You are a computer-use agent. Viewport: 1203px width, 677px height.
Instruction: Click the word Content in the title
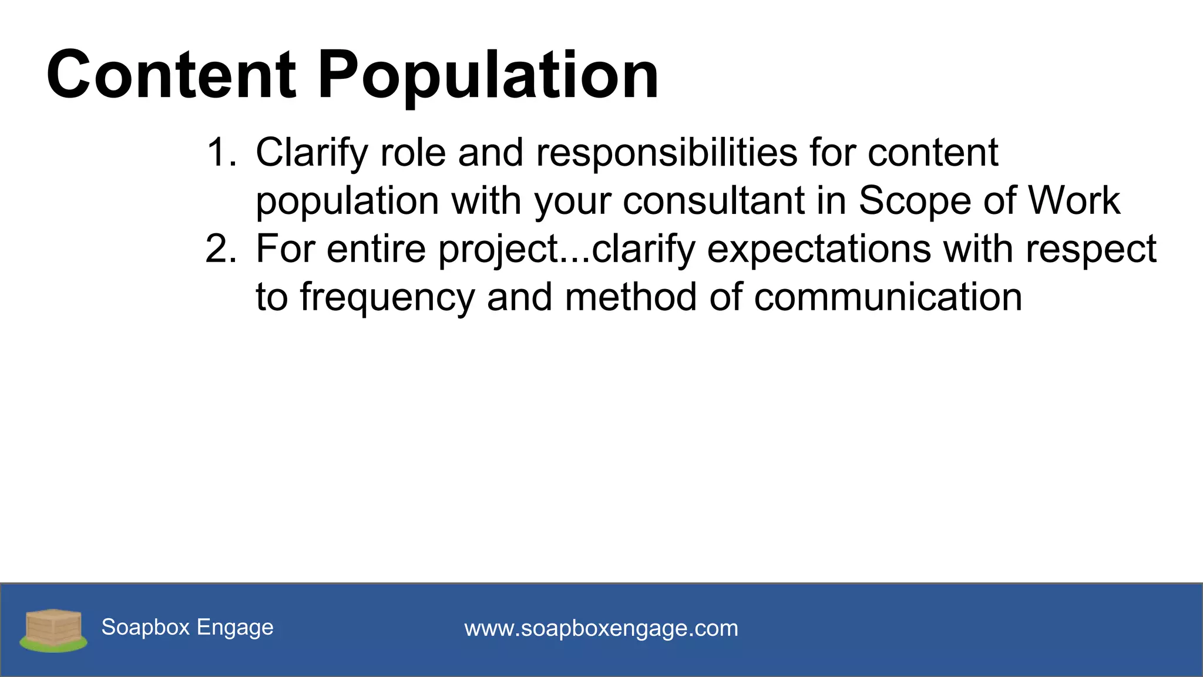pyautogui.click(x=172, y=75)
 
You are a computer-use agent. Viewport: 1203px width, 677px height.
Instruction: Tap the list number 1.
pyautogui.click(x=220, y=153)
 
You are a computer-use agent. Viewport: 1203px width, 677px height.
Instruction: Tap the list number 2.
pyautogui.click(x=220, y=249)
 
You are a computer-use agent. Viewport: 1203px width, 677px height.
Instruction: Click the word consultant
pyautogui.click(x=714, y=201)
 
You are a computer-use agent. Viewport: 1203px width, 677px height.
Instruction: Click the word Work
pyautogui.click(x=1074, y=201)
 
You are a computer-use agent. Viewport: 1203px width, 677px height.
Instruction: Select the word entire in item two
pyautogui.click(x=376, y=249)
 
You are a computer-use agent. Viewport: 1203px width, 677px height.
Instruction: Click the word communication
pyautogui.click(x=888, y=297)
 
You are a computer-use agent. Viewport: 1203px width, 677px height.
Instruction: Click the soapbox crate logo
pyautogui.click(x=53, y=630)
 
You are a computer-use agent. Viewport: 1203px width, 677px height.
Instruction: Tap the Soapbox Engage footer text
pyautogui.click(x=187, y=628)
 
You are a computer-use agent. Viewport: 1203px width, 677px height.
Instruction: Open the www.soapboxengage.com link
pyautogui.click(x=601, y=629)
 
